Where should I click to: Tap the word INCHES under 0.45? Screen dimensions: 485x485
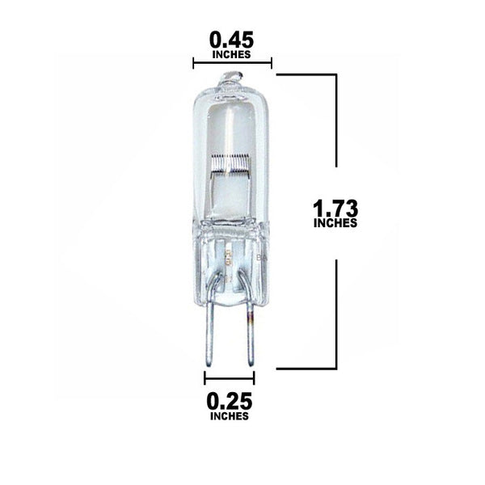(x=230, y=54)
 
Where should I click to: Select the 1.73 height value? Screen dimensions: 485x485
(x=336, y=208)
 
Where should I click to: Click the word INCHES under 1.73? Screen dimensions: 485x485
(x=336, y=224)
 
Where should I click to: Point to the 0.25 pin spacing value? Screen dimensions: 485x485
(x=230, y=401)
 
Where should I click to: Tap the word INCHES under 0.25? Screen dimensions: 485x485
(x=230, y=417)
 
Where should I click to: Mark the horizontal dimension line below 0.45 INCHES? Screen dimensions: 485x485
(x=232, y=63)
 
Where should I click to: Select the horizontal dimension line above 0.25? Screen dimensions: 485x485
(x=230, y=377)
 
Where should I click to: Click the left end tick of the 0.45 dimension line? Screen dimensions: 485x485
(x=193, y=63)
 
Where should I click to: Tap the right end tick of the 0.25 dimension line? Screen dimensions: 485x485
(x=254, y=377)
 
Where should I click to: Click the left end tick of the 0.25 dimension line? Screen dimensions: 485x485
(x=205, y=377)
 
